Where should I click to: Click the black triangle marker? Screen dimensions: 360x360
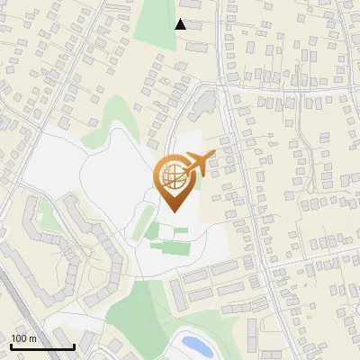(x=180, y=24)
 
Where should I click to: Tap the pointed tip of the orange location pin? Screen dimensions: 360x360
(x=171, y=211)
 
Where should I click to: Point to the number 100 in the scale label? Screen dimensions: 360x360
(x=19, y=338)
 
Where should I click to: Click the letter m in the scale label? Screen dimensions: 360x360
(x=32, y=338)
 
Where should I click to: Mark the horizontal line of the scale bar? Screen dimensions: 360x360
(x=41, y=346)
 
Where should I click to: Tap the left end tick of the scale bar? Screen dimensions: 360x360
(x=10, y=345)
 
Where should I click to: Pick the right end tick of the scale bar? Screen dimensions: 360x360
(x=73, y=345)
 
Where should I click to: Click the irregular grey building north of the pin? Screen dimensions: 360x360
(x=207, y=98)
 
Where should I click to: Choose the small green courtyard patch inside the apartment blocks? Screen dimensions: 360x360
(x=42, y=214)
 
